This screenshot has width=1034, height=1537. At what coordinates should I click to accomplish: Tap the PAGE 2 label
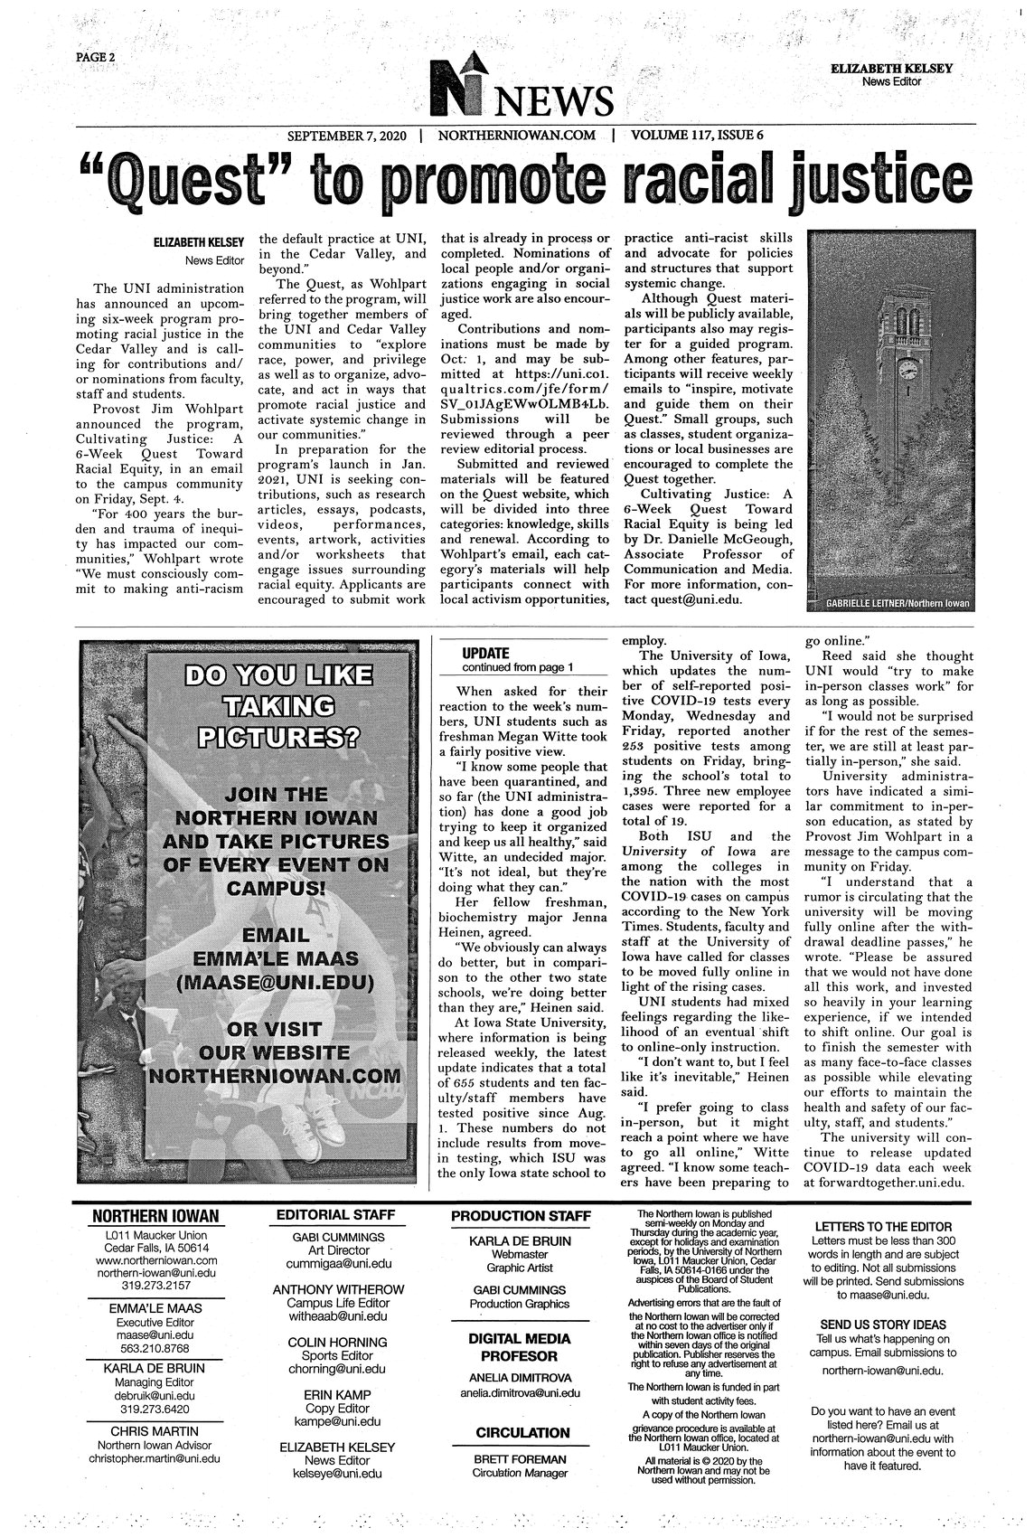coord(94,56)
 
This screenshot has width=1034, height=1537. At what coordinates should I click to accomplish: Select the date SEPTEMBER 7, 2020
coord(348,137)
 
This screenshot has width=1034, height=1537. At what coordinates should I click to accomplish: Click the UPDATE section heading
coord(486,653)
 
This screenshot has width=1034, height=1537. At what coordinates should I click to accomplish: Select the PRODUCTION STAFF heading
coord(521,1216)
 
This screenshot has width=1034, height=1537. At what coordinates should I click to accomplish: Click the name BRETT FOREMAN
coord(521,1459)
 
